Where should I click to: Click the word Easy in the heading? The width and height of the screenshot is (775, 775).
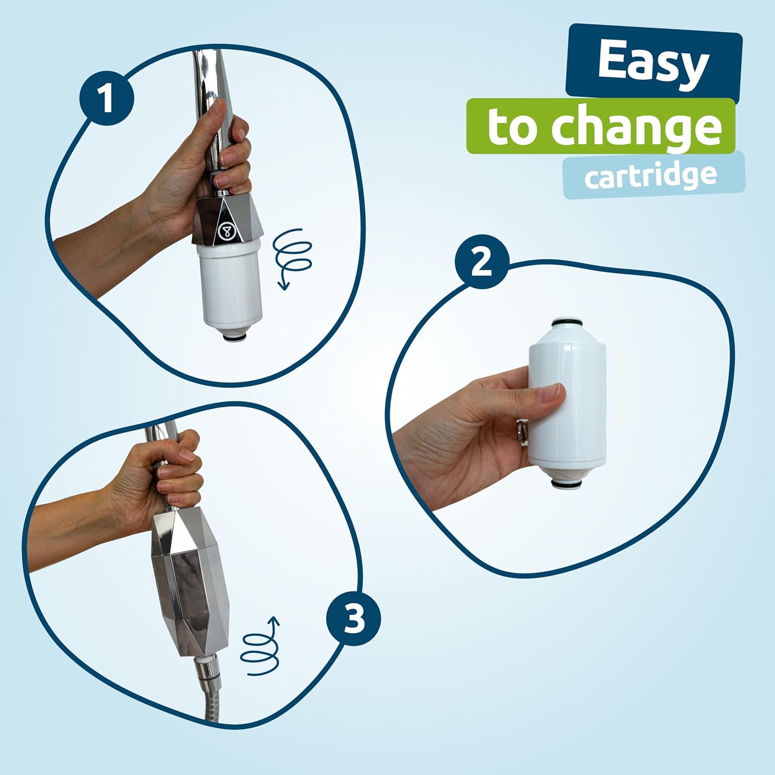click(653, 63)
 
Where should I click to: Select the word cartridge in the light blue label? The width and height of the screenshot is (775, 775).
click(650, 176)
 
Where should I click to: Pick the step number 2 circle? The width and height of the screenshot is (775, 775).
click(482, 261)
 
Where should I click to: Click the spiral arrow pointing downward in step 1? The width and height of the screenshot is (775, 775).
click(292, 256)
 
